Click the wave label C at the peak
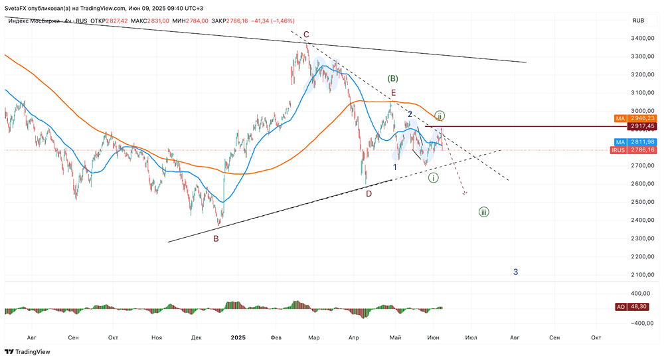[x=306, y=35]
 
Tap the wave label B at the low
[x=216, y=238]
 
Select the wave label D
[x=369, y=193]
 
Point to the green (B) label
[x=392, y=78]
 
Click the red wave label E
[x=394, y=93]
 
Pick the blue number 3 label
[x=516, y=272]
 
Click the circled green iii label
[x=484, y=213]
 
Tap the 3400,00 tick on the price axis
[x=640, y=39]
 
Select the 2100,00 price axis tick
[x=640, y=274]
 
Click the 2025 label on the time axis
[x=238, y=337]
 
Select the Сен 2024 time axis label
[x=73, y=337]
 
